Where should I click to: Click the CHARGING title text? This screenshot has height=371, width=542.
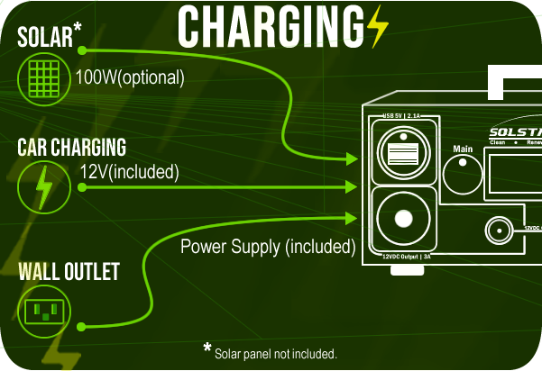pos(271,27)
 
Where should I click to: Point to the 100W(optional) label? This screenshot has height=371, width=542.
pos(130,77)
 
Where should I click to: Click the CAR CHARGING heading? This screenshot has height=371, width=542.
pos(71,147)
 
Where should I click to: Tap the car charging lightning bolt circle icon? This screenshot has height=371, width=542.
pos(42,186)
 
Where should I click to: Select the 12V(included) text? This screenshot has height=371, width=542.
pos(129,170)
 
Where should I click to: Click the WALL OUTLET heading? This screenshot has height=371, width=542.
pos(68,271)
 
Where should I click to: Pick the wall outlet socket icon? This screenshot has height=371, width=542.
pos(42,312)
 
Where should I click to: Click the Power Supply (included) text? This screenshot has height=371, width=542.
pos(268,246)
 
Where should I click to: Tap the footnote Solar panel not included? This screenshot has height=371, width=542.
pos(275,353)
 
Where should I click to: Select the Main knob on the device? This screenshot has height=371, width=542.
pos(464,171)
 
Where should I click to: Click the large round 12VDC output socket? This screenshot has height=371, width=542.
pos(402,219)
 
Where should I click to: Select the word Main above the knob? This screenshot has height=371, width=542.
pos(463,148)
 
